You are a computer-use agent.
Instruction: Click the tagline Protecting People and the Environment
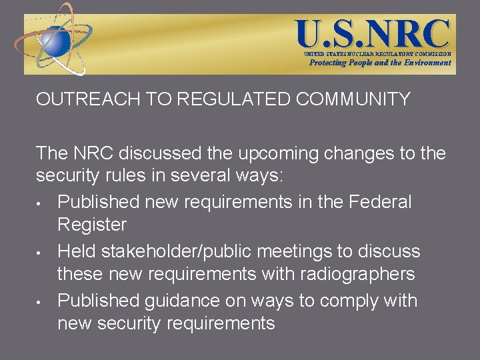click(379, 63)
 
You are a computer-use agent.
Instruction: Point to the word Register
click(93, 225)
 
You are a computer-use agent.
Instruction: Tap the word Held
click(76, 251)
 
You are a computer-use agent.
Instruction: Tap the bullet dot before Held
click(41, 253)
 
